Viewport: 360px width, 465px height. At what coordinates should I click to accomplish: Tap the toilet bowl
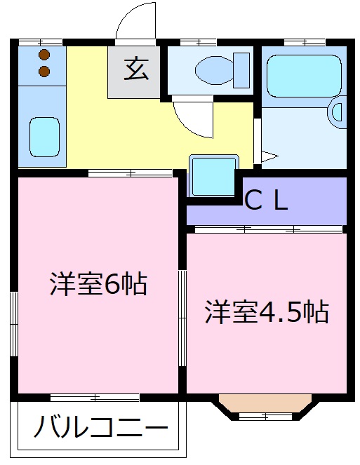point(211,69)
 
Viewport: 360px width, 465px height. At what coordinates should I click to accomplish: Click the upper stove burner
point(44,55)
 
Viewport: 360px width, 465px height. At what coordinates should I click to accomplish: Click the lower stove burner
point(44,70)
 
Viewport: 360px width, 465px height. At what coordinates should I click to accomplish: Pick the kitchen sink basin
point(44,136)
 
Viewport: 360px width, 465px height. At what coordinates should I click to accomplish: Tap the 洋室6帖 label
point(98,283)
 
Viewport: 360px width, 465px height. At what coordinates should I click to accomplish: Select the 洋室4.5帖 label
point(267,311)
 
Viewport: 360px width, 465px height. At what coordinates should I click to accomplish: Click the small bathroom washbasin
point(339,112)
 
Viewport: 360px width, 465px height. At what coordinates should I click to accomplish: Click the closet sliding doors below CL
point(267,229)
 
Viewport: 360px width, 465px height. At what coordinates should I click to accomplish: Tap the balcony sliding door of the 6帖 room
point(95,398)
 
